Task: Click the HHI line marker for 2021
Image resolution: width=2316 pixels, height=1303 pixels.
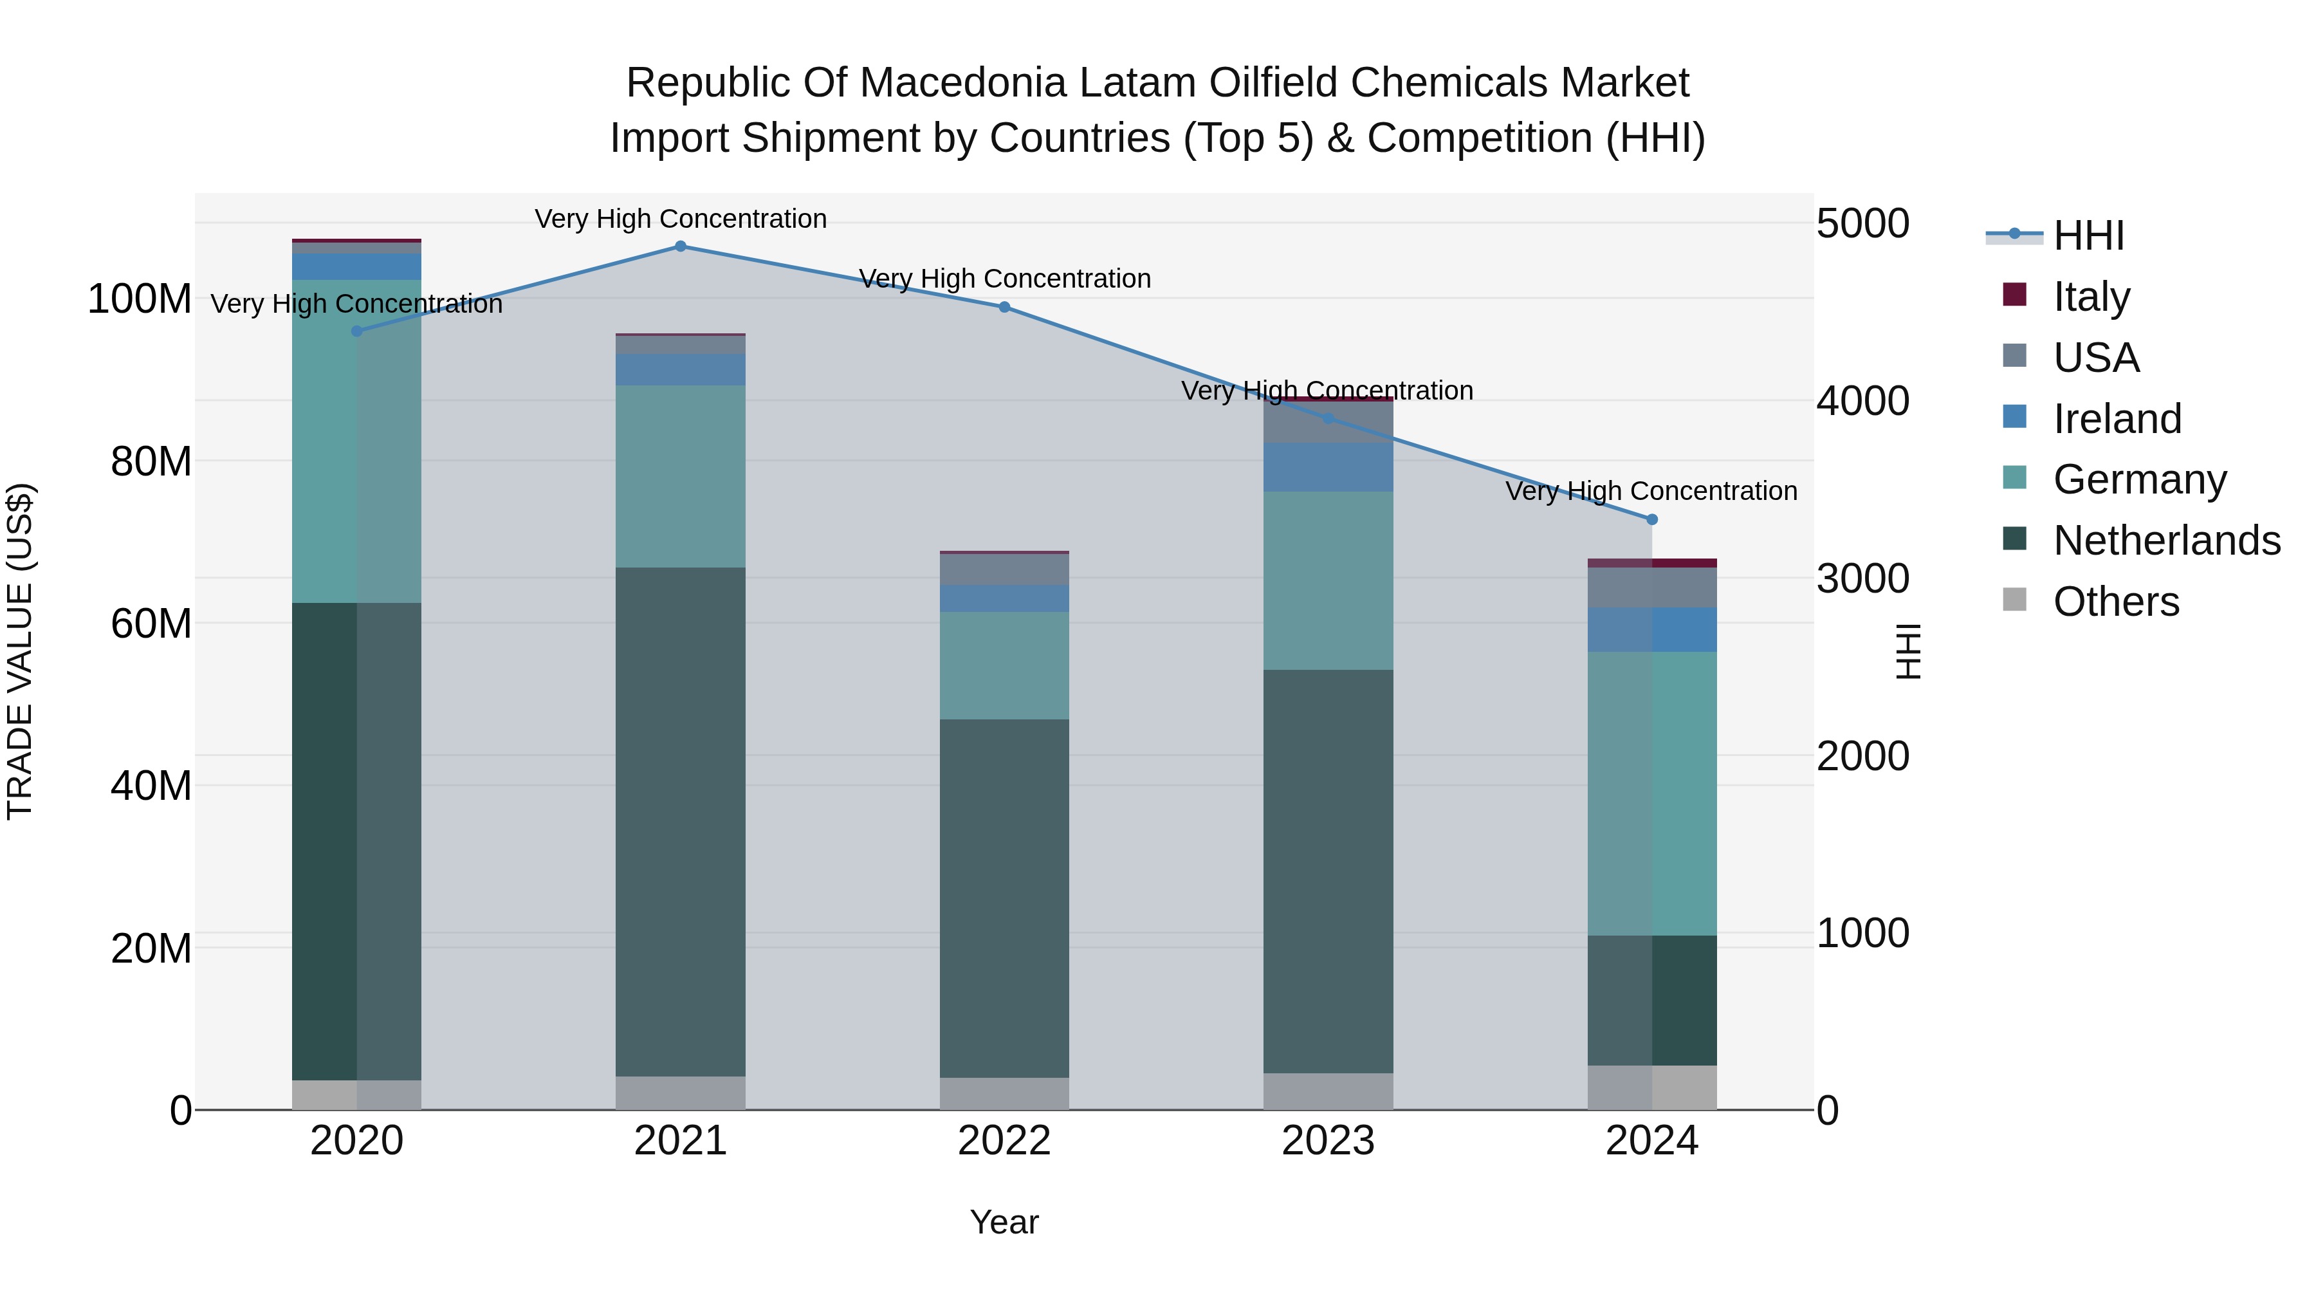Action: click(x=681, y=246)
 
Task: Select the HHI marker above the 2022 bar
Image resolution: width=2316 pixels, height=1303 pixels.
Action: click(x=1004, y=308)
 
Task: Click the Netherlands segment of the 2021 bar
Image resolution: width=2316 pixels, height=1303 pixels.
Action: click(x=681, y=821)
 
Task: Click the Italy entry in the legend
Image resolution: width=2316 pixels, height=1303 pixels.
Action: click(x=2091, y=296)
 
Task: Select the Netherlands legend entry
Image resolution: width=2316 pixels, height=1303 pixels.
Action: click(x=2166, y=541)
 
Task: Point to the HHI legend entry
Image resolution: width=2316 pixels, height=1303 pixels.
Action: click(x=2088, y=236)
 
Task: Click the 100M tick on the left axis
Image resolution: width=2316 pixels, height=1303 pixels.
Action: click(x=140, y=299)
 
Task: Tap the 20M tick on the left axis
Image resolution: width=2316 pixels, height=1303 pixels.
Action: click(x=151, y=948)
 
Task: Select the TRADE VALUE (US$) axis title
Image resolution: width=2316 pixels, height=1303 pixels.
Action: click(x=21, y=651)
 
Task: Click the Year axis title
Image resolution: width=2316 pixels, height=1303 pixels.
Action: click(x=1004, y=1222)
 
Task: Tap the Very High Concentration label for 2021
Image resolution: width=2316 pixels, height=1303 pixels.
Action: click(x=681, y=219)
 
